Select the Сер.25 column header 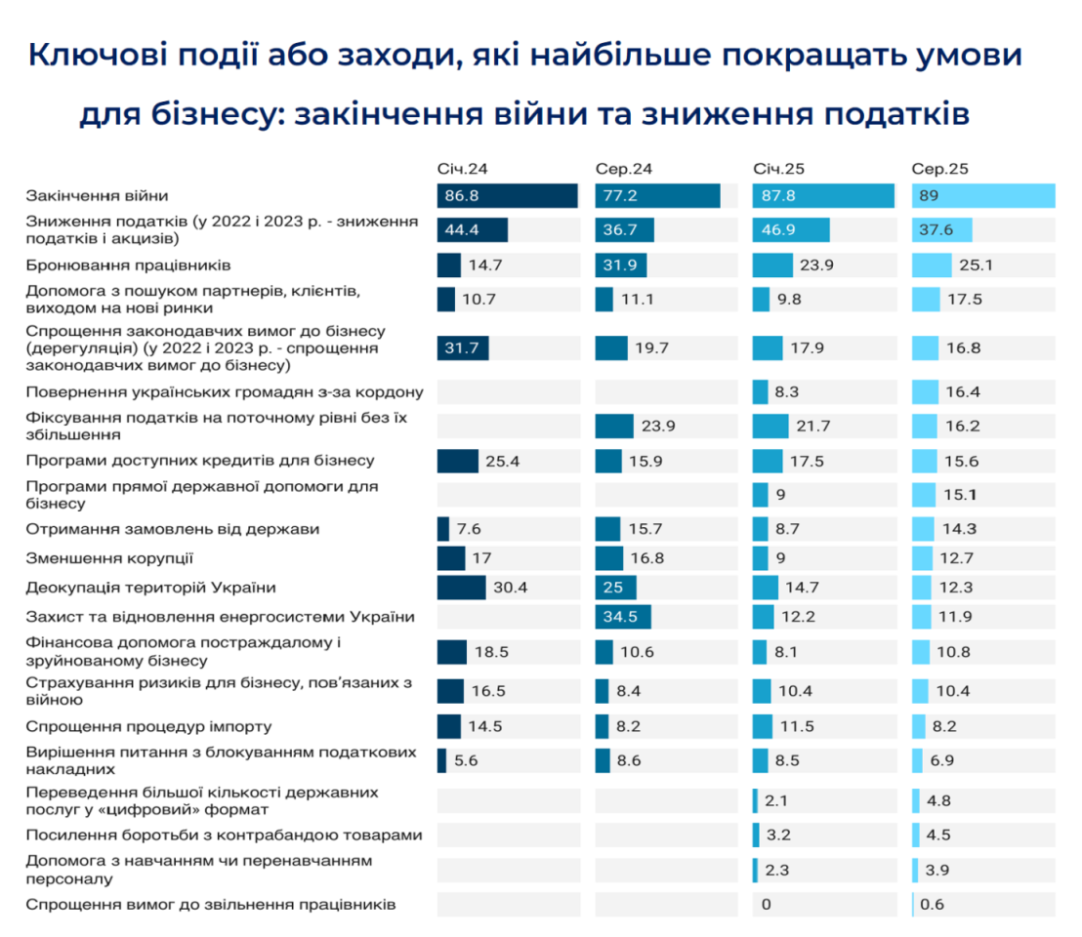933,169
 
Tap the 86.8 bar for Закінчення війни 507,196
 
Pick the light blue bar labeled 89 983,196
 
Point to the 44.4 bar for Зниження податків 473,230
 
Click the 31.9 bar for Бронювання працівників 621,265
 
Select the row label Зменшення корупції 109,558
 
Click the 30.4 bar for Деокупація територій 461,588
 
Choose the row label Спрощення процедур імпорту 148,727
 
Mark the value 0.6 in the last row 933,905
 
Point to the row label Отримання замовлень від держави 173,529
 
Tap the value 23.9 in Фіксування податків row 659,427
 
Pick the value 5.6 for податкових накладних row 465,760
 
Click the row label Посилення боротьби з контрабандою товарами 225,835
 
